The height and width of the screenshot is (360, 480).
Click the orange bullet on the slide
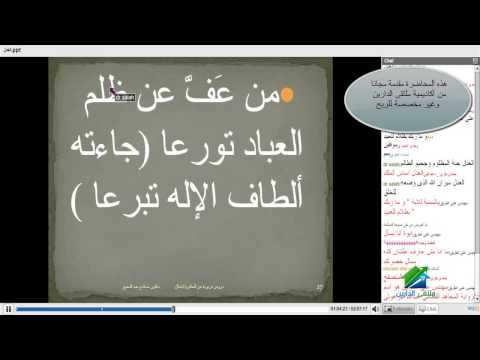pyautogui.click(x=284, y=95)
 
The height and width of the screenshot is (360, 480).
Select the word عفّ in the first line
pyautogui.click(x=209, y=99)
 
